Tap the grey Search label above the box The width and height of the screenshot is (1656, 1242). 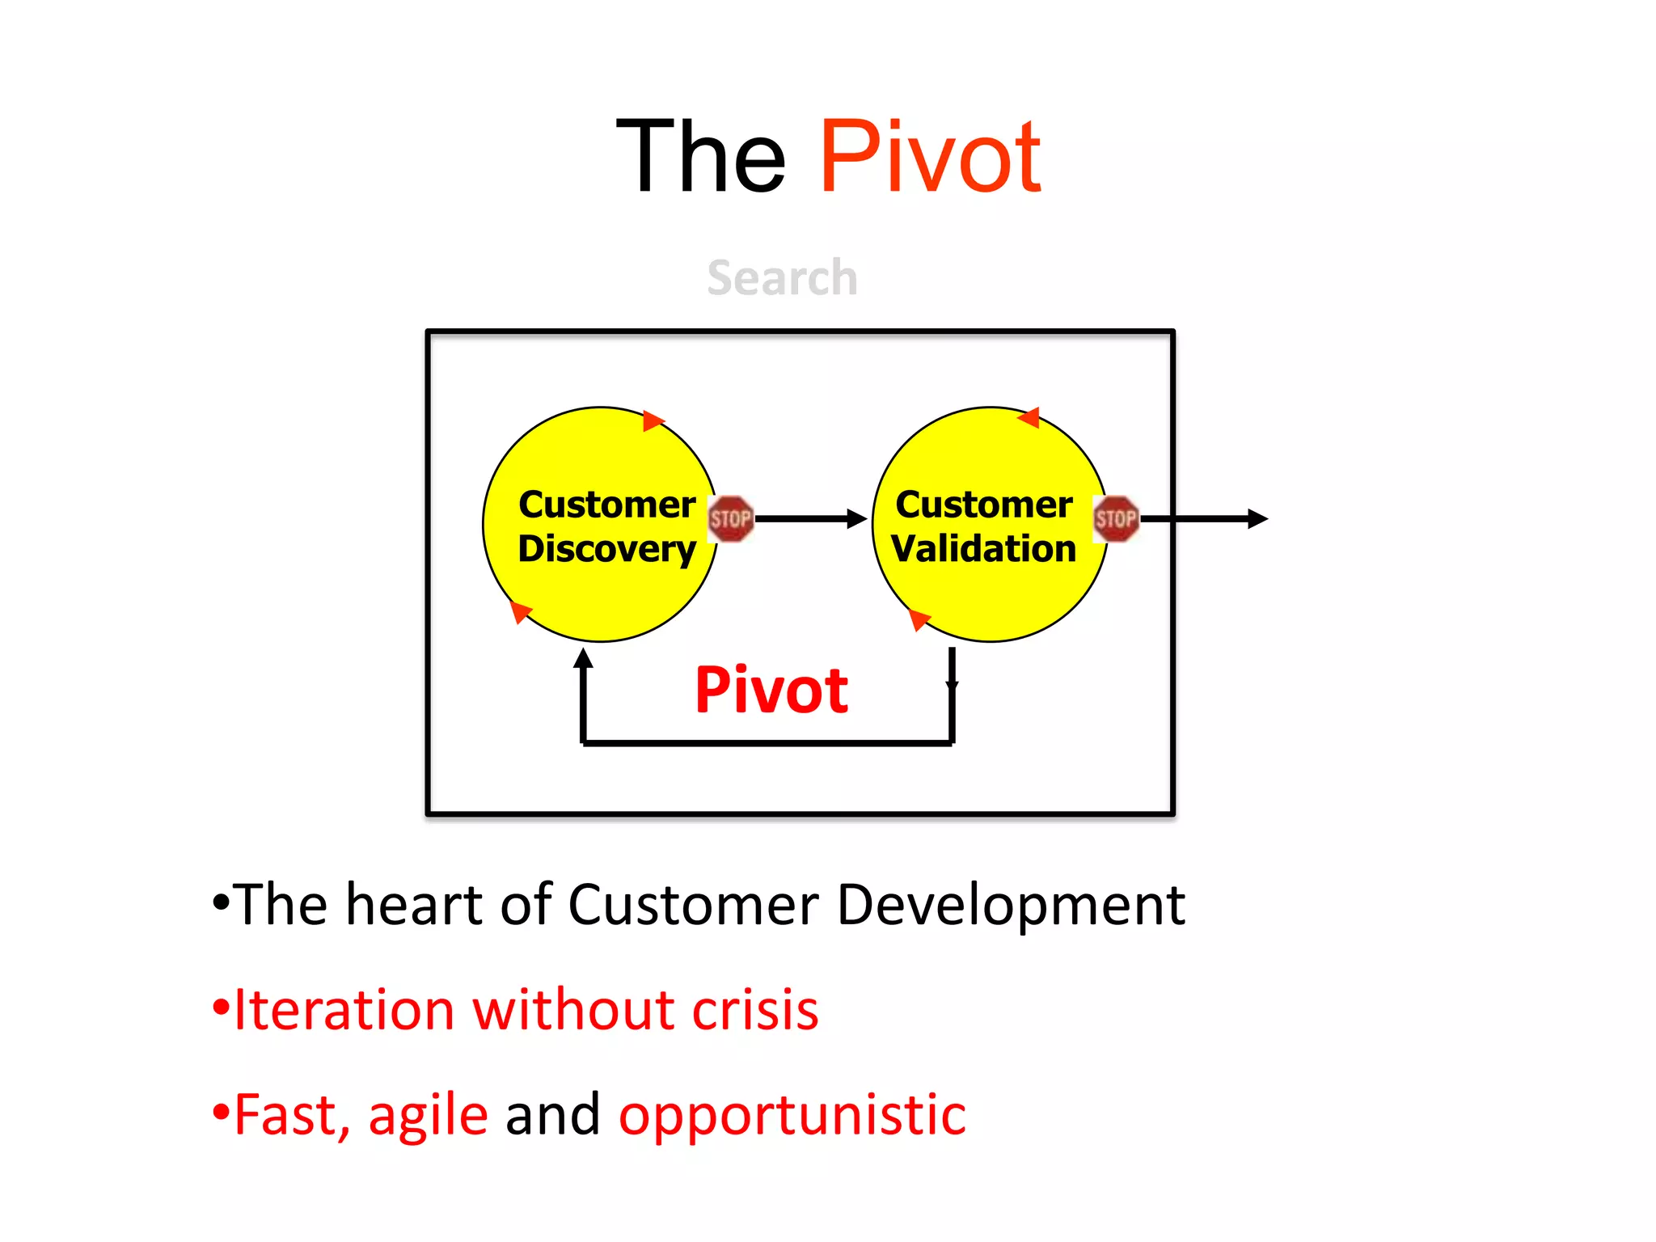[x=782, y=277]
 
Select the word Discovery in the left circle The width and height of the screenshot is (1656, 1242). [x=606, y=549]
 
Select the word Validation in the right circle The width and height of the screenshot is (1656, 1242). [x=984, y=549]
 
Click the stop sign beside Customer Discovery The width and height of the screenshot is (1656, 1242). [x=730, y=518]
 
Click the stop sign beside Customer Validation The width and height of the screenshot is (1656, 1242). [x=1116, y=518]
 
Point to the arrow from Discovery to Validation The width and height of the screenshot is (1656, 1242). [x=809, y=518]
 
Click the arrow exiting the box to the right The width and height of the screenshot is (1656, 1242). [x=1205, y=518]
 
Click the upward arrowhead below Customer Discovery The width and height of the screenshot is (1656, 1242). [x=583, y=658]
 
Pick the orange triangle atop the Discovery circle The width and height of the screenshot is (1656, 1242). [x=653, y=420]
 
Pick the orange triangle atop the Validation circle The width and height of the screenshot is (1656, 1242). [x=1029, y=418]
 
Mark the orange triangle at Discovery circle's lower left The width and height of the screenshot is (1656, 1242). [x=521, y=612]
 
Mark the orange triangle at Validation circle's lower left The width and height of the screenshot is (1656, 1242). [x=919, y=619]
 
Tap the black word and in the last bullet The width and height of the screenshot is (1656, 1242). [x=553, y=1115]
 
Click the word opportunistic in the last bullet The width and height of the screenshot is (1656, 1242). [x=792, y=1115]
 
